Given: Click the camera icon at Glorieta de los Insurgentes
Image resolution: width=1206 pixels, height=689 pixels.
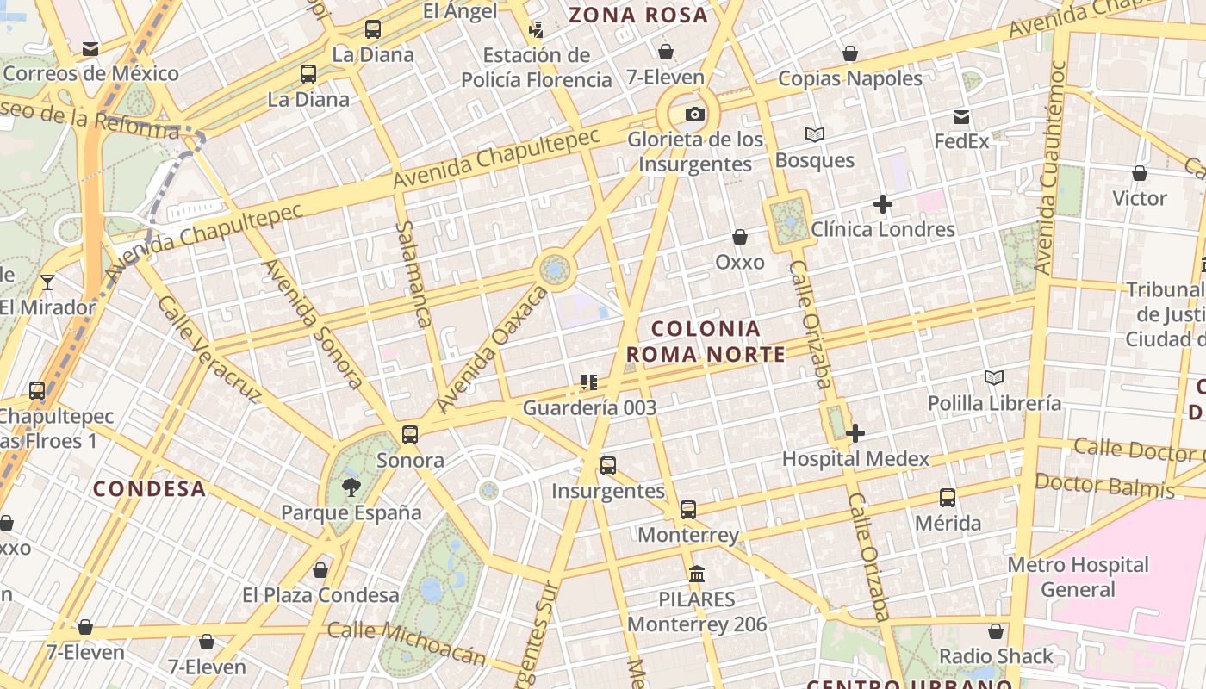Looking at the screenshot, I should tap(694, 114).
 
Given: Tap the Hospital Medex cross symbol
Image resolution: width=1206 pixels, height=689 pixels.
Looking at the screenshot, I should tap(855, 433).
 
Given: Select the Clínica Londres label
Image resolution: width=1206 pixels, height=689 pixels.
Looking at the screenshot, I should tap(883, 229).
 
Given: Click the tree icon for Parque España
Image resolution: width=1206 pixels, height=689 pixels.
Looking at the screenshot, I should tap(351, 487).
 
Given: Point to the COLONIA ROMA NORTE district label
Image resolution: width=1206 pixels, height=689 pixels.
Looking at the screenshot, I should tap(706, 341).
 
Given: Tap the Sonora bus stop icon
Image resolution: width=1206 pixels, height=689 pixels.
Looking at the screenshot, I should tap(410, 435).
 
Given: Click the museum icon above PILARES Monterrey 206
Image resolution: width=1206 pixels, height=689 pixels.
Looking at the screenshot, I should tap(697, 574).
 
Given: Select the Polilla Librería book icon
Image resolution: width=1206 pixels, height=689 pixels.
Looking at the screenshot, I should tap(994, 377).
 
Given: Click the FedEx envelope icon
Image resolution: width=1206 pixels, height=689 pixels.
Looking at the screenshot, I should tap(961, 116).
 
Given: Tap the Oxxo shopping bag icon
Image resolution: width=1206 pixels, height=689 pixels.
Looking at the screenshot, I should tap(739, 237).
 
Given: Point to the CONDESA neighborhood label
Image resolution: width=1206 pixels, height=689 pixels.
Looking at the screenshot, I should tap(149, 488).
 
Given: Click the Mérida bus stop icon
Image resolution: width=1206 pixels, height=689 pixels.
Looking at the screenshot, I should tap(948, 498).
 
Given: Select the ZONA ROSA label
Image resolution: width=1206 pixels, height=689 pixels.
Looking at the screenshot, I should tap(638, 15).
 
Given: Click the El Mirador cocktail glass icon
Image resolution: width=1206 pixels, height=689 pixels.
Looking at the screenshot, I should tap(47, 282).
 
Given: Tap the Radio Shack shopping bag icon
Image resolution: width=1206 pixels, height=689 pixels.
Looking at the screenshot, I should tap(996, 631).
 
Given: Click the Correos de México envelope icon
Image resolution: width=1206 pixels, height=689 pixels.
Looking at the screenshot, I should tap(90, 49).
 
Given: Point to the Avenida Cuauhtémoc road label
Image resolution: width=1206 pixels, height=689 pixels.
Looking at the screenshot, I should tap(1047, 168).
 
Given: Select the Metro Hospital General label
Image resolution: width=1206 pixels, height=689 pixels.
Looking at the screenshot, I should tap(1078, 577).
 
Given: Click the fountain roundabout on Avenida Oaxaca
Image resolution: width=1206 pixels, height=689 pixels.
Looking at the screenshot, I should tap(555, 270).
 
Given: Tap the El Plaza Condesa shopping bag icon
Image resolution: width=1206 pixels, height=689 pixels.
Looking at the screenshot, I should tap(320, 570).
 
